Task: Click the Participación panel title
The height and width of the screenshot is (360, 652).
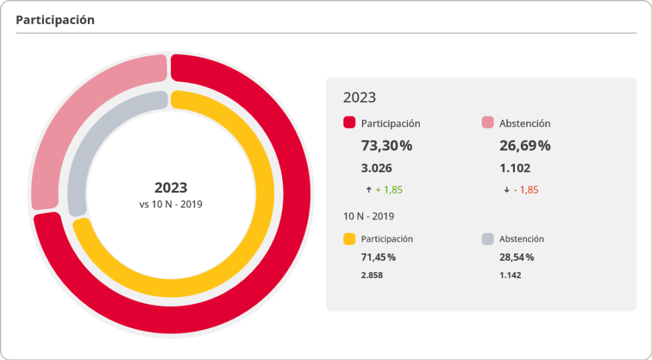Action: (55, 20)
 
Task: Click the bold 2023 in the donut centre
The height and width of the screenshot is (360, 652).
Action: (171, 188)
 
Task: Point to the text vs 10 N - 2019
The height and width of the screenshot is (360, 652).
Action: (171, 204)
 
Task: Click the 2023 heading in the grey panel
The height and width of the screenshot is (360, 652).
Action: (359, 97)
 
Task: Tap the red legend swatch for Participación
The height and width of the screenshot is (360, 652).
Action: (349, 122)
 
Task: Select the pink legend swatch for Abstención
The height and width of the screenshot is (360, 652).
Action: (488, 122)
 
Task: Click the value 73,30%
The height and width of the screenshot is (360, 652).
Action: (387, 146)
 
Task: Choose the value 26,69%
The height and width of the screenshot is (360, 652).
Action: (525, 146)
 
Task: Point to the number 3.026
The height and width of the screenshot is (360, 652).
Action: (377, 168)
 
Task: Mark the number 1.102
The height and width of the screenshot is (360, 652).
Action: (515, 168)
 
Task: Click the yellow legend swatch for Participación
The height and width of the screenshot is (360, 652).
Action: (349, 239)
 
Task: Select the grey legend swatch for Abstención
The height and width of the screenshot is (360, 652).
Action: (488, 239)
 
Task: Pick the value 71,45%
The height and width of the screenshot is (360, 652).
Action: (379, 257)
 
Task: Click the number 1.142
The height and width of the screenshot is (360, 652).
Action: (510, 275)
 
